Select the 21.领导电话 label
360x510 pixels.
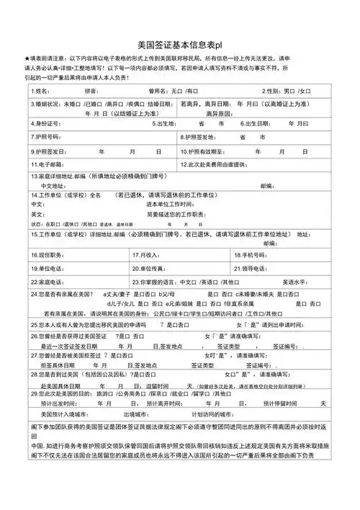[251, 267]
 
